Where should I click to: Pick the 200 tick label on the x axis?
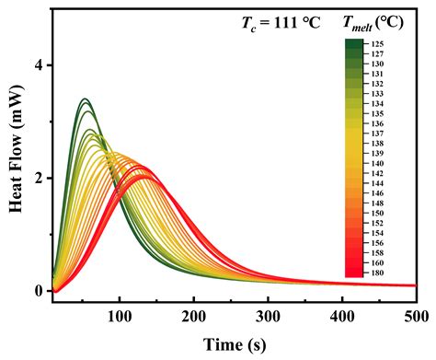coord(193,317)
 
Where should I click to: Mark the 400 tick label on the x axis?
coord(342,317)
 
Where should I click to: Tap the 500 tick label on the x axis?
coord(415,317)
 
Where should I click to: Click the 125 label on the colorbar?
coord(379,43)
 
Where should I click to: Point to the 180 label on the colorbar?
coord(379,273)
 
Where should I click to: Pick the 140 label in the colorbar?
coord(379,163)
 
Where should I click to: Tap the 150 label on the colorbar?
coord(379,213)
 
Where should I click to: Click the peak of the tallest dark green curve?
coord(85,99)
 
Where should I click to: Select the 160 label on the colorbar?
coord(379,262)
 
